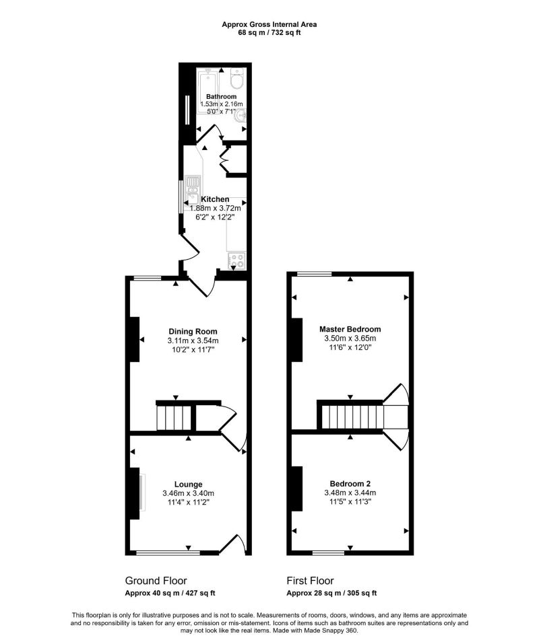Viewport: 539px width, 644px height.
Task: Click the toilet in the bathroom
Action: tap(236, 81)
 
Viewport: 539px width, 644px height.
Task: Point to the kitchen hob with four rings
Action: tap(237, 260)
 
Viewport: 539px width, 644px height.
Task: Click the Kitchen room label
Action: tap(215, 199)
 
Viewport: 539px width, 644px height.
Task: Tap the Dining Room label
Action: tap(193, 331)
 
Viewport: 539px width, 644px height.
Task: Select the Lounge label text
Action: tap(189, 484)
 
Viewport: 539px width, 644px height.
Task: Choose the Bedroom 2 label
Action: tap(350, 483)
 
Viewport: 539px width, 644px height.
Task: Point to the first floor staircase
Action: tap(351, 417)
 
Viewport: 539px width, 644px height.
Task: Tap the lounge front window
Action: tap(168, 553)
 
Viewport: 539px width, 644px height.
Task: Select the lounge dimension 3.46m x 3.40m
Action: tap(189, 493)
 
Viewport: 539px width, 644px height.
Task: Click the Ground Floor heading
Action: tap(156, 581)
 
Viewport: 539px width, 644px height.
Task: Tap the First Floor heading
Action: tap(311, 581)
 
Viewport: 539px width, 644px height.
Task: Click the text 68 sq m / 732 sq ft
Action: tap(269, 32)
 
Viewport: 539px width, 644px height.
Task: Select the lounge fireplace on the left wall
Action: tap(135, 493)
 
